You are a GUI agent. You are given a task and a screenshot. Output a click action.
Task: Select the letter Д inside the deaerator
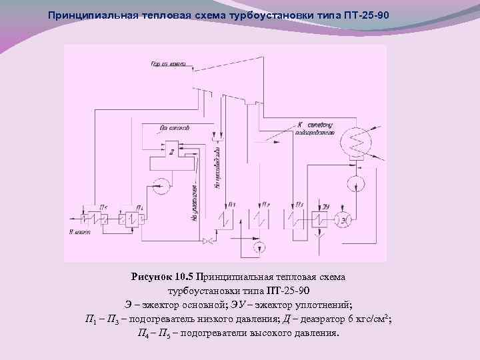pos(171,152)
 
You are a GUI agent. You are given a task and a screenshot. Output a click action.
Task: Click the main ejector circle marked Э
pos(345,217)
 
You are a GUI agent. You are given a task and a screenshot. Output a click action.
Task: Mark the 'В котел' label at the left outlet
pos(78,231)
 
